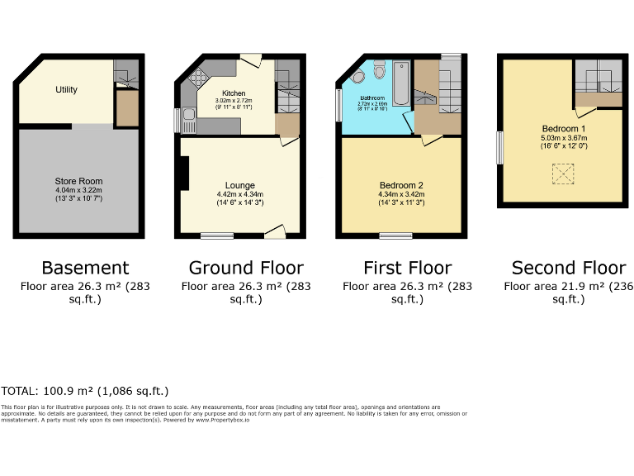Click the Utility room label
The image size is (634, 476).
point(67,89)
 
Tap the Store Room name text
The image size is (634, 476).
point(78,181)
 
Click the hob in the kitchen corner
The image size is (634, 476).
point(199,79)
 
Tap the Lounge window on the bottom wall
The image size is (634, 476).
point(216,236)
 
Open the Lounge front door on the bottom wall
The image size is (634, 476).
point(274,233)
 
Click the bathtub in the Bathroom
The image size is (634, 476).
point(401,84)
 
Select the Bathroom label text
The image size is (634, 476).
point(372,98)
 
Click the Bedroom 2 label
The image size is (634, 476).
point(401,184)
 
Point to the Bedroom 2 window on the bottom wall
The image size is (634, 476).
point(395,236)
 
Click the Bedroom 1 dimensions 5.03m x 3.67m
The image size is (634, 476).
point(564,138)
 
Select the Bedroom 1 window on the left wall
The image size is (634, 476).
point(498,148)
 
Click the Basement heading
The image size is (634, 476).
point(85,268)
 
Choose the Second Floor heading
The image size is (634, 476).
point(568,268)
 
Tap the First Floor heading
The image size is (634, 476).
point(407,268)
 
